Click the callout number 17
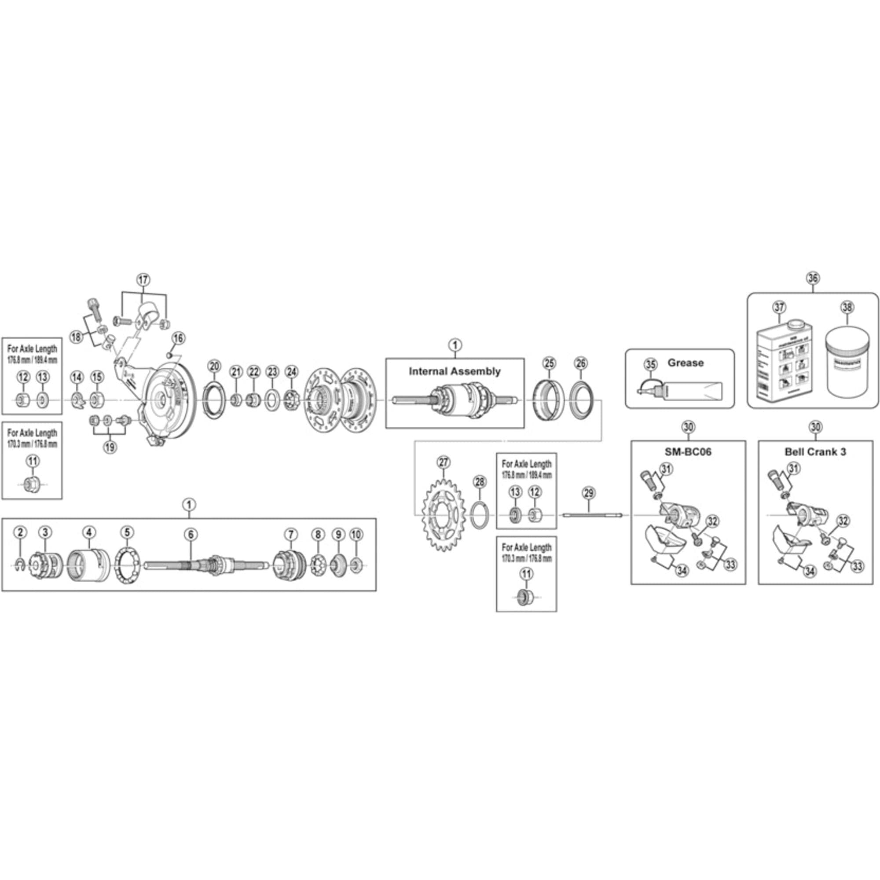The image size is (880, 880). (143, 280)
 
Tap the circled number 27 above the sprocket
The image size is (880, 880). (443, 462)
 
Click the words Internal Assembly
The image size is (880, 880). (455, 371)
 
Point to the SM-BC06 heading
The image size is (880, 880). (688, 452)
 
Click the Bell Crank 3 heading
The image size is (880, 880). (815, 452)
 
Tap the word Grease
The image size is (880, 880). (686, 363)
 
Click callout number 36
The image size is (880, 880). (813, 277)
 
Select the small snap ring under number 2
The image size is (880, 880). (19, 565)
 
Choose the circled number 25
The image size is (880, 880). (550, 363)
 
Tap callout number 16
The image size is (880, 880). (178, 338)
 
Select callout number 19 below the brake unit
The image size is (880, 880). (109, 447)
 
